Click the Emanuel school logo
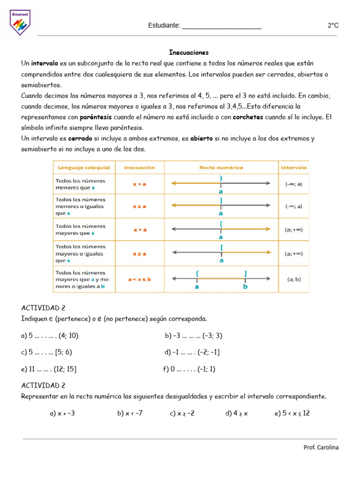click(20, 23)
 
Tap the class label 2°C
click(333, 26)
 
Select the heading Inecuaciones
click(189, 52)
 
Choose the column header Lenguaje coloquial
click(84, 167)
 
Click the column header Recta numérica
click(221, 167)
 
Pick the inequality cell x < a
click(140, 184)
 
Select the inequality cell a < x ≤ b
click(140, 279)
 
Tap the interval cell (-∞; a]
click(294, 206)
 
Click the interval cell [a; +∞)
click(294, 254)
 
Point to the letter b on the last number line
click(245, 286)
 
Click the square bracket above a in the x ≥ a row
click(221, 247)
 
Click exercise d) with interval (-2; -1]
click(192, 352)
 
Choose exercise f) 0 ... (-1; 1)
click(189, 369)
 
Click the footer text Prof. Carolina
click(321, 447)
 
